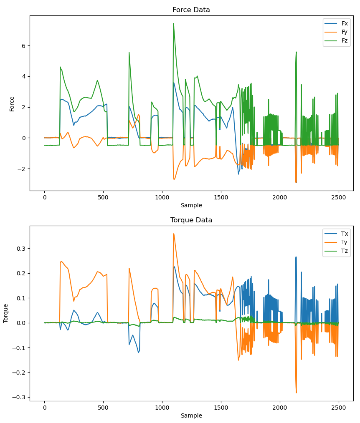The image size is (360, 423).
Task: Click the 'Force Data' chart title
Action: click(191, 10)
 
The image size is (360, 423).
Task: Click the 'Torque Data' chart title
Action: click(191, 220)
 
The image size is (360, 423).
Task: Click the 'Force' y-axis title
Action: click(12, 103)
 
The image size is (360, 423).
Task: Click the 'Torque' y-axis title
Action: click(6, 313)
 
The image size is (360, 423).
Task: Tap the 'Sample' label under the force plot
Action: click(191, 205)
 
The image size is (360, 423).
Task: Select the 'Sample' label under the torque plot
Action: click(191, 415)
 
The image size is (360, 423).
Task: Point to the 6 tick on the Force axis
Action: click(23, 46)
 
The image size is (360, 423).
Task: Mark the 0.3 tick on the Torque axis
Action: click(20, 249)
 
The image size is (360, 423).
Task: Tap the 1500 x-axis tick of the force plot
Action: click(221, 197)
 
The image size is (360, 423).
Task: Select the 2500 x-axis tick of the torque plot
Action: click(338, 408)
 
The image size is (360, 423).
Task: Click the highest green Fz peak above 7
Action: click(173, 24)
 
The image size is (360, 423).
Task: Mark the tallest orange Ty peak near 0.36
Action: click(173, 234)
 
